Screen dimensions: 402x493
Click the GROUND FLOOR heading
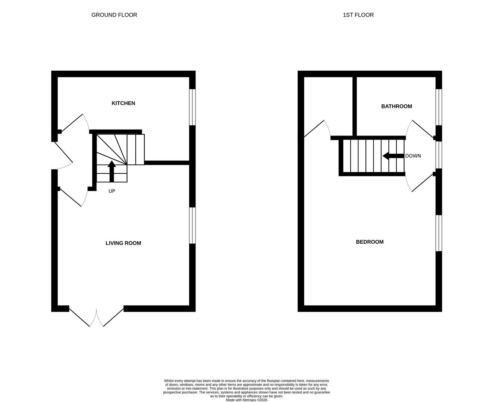click(114, 15)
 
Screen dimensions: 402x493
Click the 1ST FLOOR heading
click(358, 15)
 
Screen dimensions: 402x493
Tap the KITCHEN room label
click(123, 103)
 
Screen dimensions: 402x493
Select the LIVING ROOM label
click(123, 243)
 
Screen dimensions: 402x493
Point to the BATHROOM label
click(396, 106)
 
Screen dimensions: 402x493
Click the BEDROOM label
click(370, 242)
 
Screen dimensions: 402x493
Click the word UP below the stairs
click(112, 191)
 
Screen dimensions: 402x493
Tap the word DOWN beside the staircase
click(413, 156)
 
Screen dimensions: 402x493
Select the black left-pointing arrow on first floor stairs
click(393, 156)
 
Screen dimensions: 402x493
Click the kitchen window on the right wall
click(192, 107)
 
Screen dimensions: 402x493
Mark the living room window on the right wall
click(192, 226)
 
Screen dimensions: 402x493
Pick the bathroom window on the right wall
click(439, 107)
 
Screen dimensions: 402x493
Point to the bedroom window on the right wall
click(439, 233)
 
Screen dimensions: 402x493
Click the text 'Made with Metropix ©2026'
click(246, 400)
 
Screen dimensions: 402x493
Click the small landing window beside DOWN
click(439, 155)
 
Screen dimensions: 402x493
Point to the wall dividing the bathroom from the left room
click(355, 106)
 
